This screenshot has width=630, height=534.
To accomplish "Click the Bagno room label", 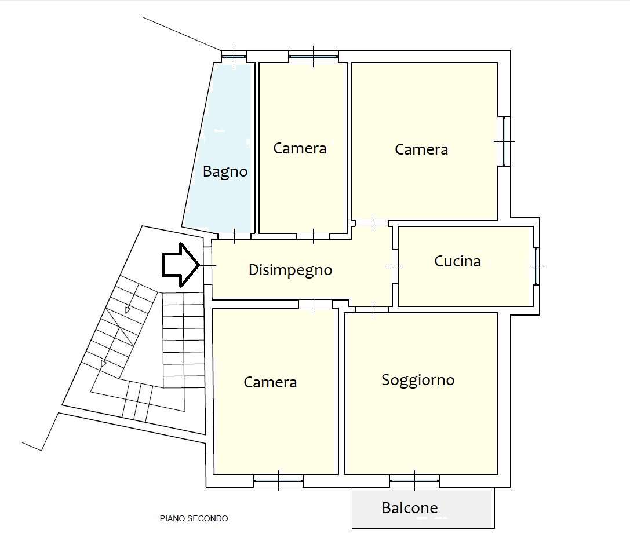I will (225, 171).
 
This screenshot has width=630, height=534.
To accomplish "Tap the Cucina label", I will (457, 261).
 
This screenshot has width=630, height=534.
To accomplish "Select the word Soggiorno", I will (418, 380).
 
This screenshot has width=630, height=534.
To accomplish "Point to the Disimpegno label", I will (290, 269).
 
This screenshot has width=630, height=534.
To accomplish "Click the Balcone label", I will (409, 508).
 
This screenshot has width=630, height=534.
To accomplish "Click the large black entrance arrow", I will (180, 265).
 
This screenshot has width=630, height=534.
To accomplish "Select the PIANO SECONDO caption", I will (194, 518).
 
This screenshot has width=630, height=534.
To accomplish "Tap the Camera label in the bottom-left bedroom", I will (270, 382).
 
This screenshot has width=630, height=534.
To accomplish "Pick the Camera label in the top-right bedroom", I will (421, 149).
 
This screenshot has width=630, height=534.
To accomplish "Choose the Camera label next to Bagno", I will (300, 148).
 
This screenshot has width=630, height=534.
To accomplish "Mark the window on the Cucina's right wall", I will (536, 266).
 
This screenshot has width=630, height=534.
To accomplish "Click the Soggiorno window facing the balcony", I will (414, 480).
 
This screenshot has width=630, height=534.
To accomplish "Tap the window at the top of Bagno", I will (234, 56).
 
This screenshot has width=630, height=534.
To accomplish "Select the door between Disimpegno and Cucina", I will (395, 266).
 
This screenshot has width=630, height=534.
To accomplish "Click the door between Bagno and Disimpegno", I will (234, 235).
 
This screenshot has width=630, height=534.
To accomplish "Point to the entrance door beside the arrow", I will (207, 265).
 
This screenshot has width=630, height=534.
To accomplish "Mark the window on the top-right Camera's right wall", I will (504, 141).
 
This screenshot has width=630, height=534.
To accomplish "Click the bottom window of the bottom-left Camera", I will (278, 480).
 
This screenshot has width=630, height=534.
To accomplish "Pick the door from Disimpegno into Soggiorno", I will (372, 309).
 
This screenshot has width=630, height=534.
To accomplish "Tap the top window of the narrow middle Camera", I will (313, 56).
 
